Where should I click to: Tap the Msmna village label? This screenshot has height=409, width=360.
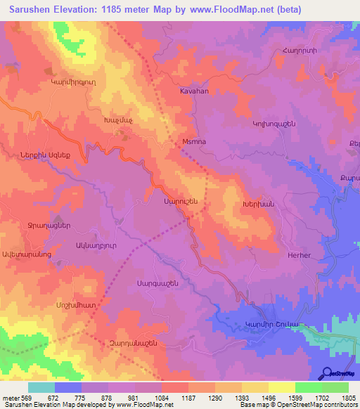click(x=193, y=141)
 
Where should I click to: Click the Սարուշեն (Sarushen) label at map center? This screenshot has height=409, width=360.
click(x=181, y=201)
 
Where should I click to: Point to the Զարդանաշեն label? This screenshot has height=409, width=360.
click(x=131, y=342)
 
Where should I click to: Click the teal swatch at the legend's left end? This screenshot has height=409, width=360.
click(x=41, y=387)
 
